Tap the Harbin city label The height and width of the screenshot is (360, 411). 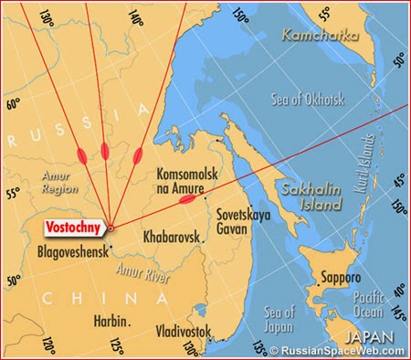[x=111, y=320]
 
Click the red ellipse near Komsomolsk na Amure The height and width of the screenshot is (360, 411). [x=187, y=198]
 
